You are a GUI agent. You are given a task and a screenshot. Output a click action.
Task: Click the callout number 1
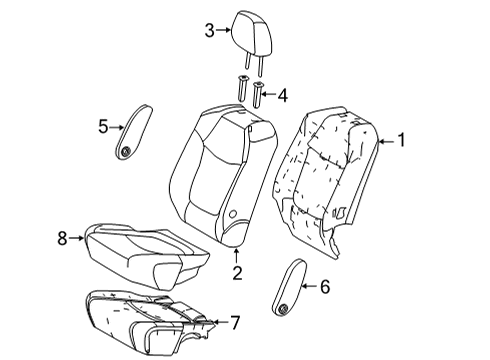[x=401, y=141]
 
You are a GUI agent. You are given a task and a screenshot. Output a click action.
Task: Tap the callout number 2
[x=238, y=272]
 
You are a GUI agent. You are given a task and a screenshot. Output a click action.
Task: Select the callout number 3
[x=209, y=31]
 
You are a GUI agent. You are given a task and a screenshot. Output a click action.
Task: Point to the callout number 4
[x=283, y=95]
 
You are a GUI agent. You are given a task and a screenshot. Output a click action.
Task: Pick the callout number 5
[x=103, y=125]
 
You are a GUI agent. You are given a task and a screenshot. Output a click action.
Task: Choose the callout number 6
[x=323, y=286]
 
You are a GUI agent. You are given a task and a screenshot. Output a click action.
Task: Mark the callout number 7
[x=235, y=321]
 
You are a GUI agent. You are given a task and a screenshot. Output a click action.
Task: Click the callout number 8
[x=62, y=238]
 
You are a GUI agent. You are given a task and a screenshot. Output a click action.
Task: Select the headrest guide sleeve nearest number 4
[x=258, y=95]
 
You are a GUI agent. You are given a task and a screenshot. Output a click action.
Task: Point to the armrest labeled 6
[x=290, y=283]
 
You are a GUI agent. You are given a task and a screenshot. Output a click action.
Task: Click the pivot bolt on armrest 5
[x=127, y=151]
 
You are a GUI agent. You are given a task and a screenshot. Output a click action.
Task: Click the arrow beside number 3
[x=223, y=31]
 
